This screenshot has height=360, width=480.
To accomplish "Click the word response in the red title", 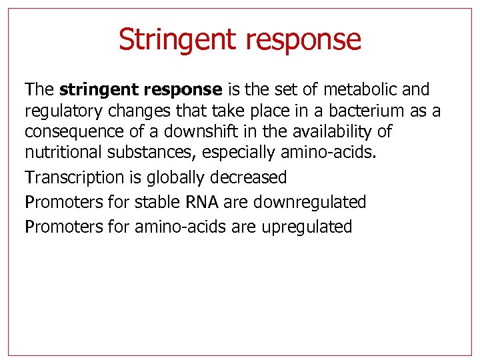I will pyautogui.click(x=303, y=40).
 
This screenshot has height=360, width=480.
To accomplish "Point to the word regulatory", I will pyautogui.click(x=59, y=111).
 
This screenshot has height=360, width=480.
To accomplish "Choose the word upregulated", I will pyautogui.click(x=307, y=227).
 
